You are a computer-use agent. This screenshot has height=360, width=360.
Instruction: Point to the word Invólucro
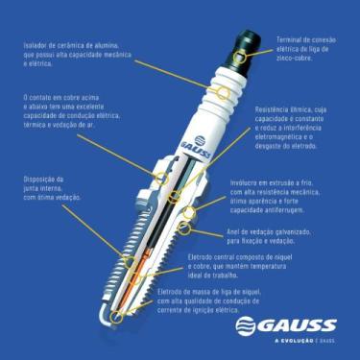pyautogui.click(x=246, y=180)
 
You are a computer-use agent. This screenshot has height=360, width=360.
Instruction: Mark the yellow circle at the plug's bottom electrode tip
pyautogui.click(x=114, y=313)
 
